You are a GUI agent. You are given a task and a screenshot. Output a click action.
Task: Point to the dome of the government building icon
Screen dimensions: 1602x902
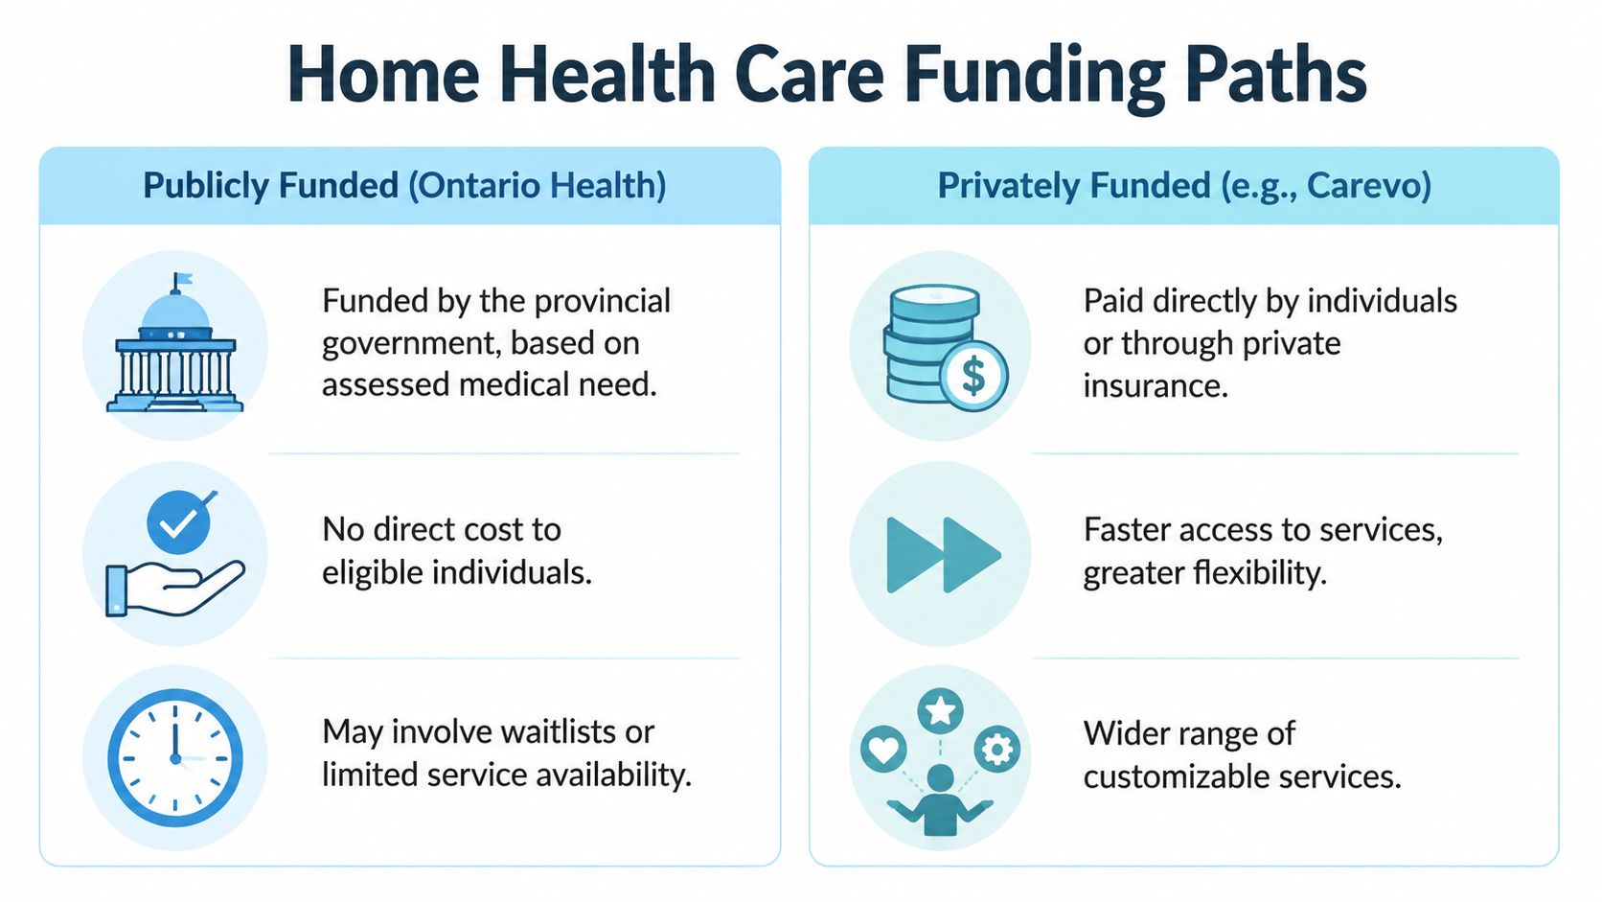[x=176, y=312]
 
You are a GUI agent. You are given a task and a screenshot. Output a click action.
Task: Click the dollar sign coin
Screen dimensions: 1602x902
[x=973, y=376]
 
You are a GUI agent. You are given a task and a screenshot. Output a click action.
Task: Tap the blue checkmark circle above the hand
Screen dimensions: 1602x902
[x=179, y=521]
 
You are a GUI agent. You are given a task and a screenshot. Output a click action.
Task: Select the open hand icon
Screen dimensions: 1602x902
[x=175, y=588]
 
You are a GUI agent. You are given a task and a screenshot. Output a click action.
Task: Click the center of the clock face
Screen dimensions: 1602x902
[x=175, y=758]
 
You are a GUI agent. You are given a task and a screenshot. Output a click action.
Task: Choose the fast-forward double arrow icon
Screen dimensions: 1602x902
[x=944, y=554]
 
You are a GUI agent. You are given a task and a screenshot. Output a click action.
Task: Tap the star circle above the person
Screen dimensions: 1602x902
[x=941, y=711]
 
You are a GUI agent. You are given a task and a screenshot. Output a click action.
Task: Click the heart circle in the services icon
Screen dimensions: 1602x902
[x=883, y=750]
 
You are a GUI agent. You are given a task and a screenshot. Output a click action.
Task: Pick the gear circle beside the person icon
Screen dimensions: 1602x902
[x=997, y=750]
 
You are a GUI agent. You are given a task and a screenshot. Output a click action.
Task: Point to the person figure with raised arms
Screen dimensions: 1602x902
[x=940, y=802]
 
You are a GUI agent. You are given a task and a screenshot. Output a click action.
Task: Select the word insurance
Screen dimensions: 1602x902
[x=1156, y=385]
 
